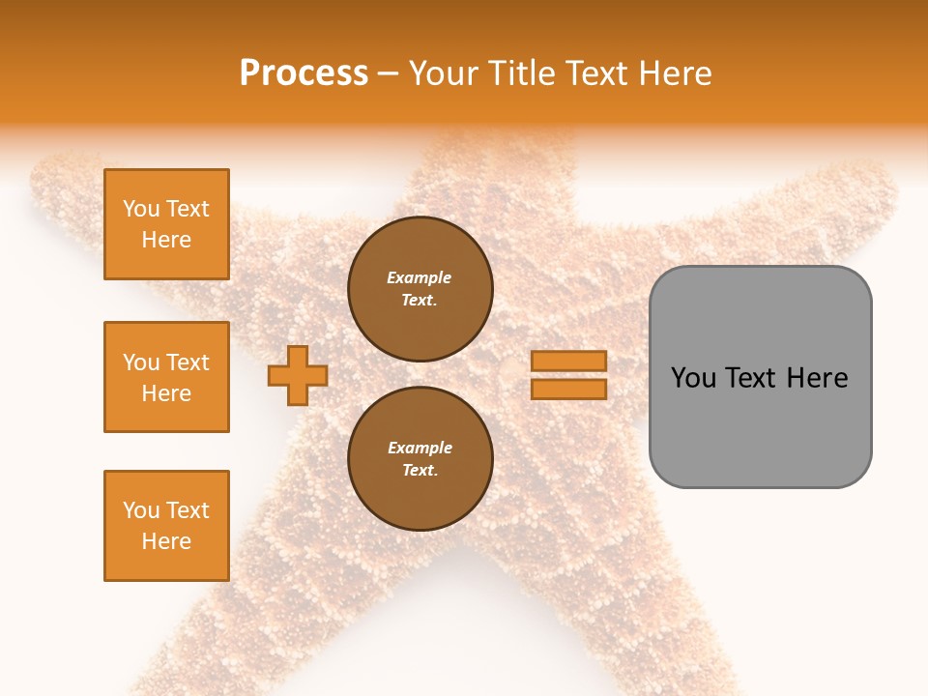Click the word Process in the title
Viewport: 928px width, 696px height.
click(x=304, y=72)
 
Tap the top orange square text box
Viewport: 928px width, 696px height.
click(x=166, y=224)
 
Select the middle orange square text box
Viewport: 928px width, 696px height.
click(x=166, y=377)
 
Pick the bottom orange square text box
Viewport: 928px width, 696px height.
click(x=166, y=526)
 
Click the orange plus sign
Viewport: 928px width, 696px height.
click(x=298, y=376)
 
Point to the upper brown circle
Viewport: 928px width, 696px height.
click(x=420, y=289)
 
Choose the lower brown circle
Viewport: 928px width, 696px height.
click(x=420, y=459)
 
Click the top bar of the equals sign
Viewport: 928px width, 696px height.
click(x=568, y=361)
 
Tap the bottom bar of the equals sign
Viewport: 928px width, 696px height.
click(x=568, y=389)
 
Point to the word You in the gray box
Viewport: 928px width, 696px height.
click(x=692, y=378)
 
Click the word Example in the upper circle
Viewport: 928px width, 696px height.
click(x=420, y=277)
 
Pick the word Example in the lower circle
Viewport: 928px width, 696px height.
click(x=420, y=448)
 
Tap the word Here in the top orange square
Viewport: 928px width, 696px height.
click(x=166, y=240)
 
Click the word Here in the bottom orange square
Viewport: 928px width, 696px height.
click(x=166, y=541)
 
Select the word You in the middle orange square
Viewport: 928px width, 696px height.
click(x=140, y=362)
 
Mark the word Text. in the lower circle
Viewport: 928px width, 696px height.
click(x=420, y=471)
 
